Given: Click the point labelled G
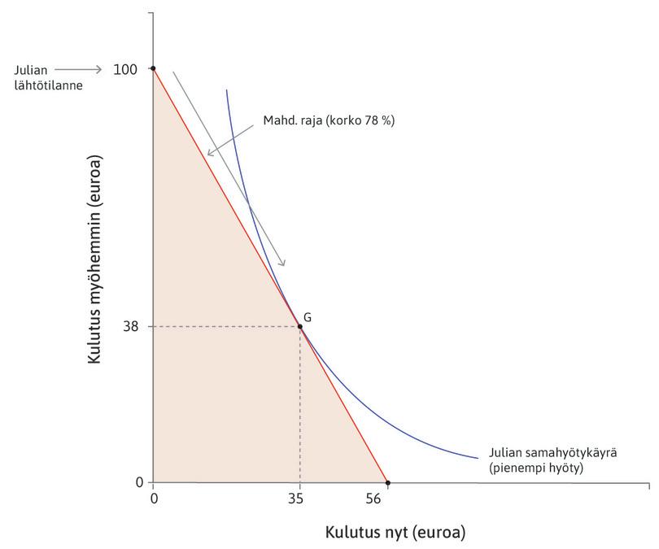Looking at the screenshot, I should [x=300, y=327].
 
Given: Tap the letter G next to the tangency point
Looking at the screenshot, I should [x=308, y=316].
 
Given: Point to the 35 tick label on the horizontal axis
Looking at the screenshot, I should [x=299, y=499].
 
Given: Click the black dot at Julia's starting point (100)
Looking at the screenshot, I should [x=154, y=69].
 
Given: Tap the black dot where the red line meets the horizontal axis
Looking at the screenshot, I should [x=387, y=483].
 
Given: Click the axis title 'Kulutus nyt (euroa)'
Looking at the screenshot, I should [x=396, y=534].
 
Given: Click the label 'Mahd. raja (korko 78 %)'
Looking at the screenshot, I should [x=329, y=120].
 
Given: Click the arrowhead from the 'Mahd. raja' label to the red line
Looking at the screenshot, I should [x=210, y=153].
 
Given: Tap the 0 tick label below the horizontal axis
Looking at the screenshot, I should [x=154, y=499].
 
